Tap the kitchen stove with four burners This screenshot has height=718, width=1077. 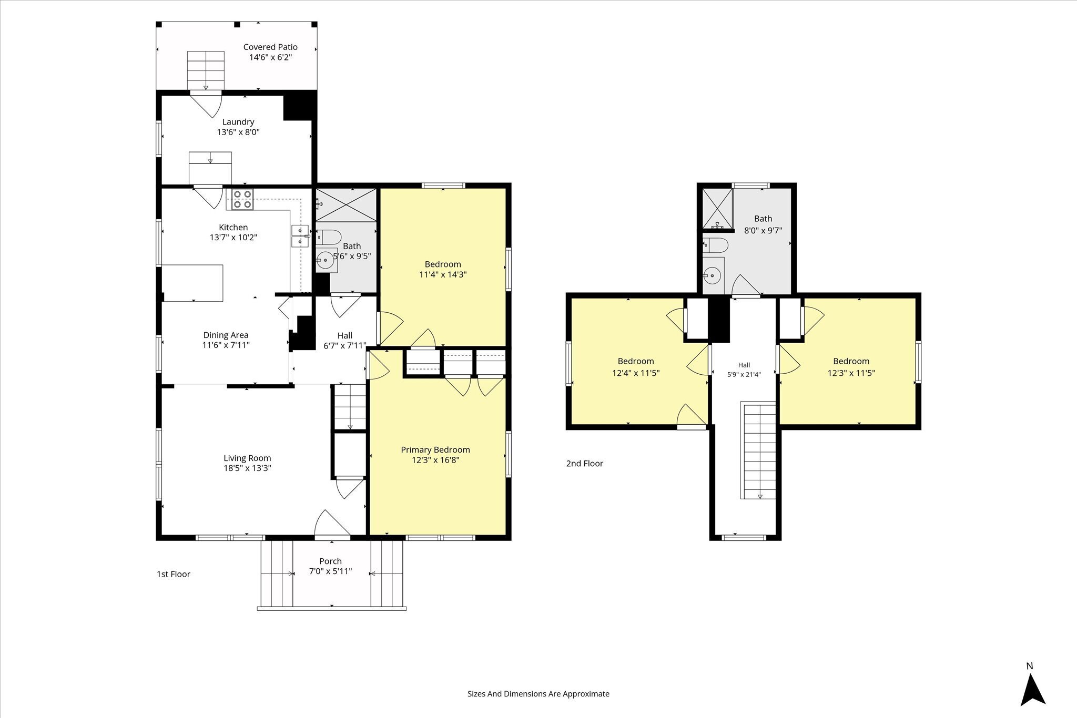(x=242, y=199)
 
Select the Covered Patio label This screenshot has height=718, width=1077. (x=270, y=47)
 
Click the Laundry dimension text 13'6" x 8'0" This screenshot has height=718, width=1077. (x=238, y=132)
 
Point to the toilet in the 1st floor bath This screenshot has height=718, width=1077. (x=329, y=238)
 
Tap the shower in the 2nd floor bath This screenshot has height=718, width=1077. (x=718, y=209)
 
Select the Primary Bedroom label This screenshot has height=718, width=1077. (x=435, y=450)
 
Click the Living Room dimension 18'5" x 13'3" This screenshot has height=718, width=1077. (x=247, y=468)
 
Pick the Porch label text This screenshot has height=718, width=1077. (x=330, y=561)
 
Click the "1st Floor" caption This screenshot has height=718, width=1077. (x=174, y=575)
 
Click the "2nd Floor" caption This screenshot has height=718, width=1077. (x=585, y=464)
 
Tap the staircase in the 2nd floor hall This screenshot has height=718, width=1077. (x=758, y=450)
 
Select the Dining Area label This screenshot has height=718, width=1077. (x=226, y=335)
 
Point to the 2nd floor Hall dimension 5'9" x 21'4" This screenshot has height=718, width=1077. (x=744, y=375)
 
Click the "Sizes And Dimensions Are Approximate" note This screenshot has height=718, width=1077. (x=538, y=694)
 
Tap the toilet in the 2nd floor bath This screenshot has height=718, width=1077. (x=716, y=245)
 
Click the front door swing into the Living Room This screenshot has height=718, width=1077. (x=332, y=524)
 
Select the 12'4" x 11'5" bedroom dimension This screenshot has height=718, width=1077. (x=636, y=373)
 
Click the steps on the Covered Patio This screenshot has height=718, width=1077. (x=206, y=70)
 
